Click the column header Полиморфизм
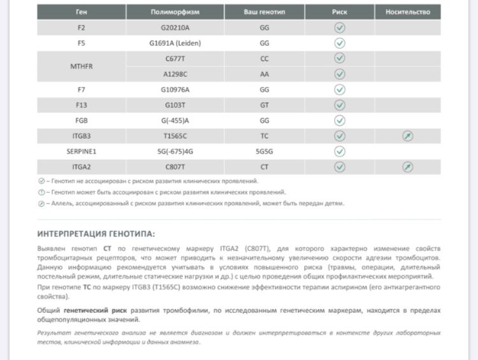pos(175,12)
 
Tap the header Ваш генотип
pos(264,12)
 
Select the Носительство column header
pos(407,12)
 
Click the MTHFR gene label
pos(81,66)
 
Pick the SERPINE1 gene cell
pos(81,152)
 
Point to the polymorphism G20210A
pos(175,28)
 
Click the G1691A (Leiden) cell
pos(175,43)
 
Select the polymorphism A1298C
pos(175,74)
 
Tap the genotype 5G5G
pos(264,152)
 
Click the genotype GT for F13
pos(264,105)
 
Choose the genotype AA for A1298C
pos(264,74)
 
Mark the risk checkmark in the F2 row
pos(340,28)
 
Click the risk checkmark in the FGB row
pos(340,120)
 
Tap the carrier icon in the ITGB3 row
pos(407,136)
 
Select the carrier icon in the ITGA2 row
pos(407,167)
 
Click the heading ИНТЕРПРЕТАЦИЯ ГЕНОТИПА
pos(96,233)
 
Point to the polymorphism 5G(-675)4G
pos(175,152)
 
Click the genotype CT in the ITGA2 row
pos(264,167)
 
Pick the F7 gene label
pos(81,90)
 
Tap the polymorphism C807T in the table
pos(175,167)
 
